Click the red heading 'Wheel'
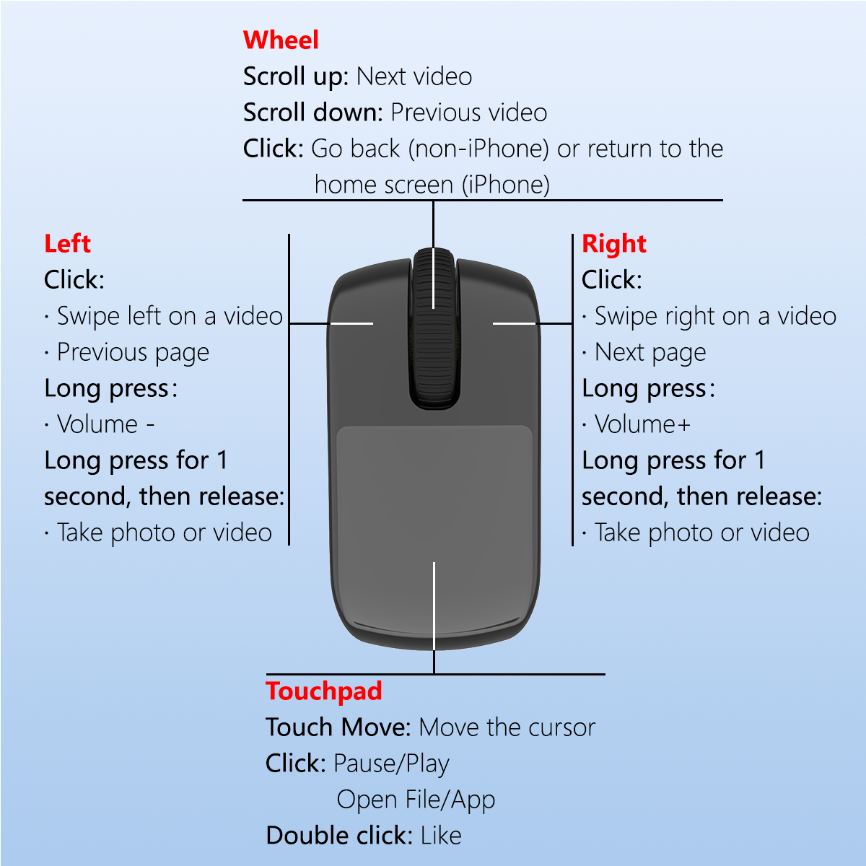tap(281, 40)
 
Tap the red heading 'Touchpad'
tap(323, 691)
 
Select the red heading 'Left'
tap(67, 244)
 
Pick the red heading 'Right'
tap(613, 244)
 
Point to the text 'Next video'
tap(414, 76)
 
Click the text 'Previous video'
tap(469, 113)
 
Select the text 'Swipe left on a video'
tap(170, 316)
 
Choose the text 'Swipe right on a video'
tap(715, 316)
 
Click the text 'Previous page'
tap(133, 352)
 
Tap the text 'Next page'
tap(650, 352)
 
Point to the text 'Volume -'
tap(105, 424)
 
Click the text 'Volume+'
tap(642, 424)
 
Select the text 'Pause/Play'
tap(391, 764)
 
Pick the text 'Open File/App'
tap(416, 800)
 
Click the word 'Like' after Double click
tap(441, 836)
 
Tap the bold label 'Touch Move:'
tap(338, 727)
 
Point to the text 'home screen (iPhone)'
tap(432, 185)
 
